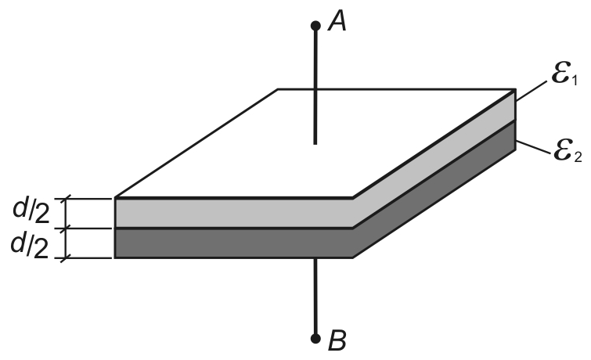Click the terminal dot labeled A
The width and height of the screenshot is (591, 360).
tap(315, 26)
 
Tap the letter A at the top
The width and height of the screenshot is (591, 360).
tap(337, 21)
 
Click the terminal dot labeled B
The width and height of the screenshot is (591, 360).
tap(315, 339)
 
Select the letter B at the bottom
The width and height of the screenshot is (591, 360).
tap(337, 340)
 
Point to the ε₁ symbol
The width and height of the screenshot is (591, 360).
tap(564, 74)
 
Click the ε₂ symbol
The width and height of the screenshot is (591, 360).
tap(568, 151)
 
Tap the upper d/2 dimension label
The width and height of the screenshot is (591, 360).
tap(31, 211)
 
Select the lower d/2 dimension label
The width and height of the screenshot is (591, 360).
tap(30, 246)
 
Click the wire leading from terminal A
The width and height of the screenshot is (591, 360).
tap(315, 85)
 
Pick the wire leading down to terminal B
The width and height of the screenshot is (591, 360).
tap(315, 298)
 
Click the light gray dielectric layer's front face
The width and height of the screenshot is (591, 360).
tap(234, 213)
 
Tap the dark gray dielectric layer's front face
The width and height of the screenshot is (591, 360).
tap(234, 243)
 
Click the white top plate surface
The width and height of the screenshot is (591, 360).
tap(315, 143)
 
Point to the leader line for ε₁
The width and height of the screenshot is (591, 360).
tap(531, 91)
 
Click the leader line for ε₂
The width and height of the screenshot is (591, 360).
tap(533, 147)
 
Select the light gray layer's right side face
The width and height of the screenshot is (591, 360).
tap(434, 159)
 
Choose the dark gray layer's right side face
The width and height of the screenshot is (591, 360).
tap(434, 189)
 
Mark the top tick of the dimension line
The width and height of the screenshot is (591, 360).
tap(66, 198)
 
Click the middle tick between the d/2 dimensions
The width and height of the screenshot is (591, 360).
tap(66, 229)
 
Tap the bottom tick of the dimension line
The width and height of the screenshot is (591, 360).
tap(66, 258)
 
